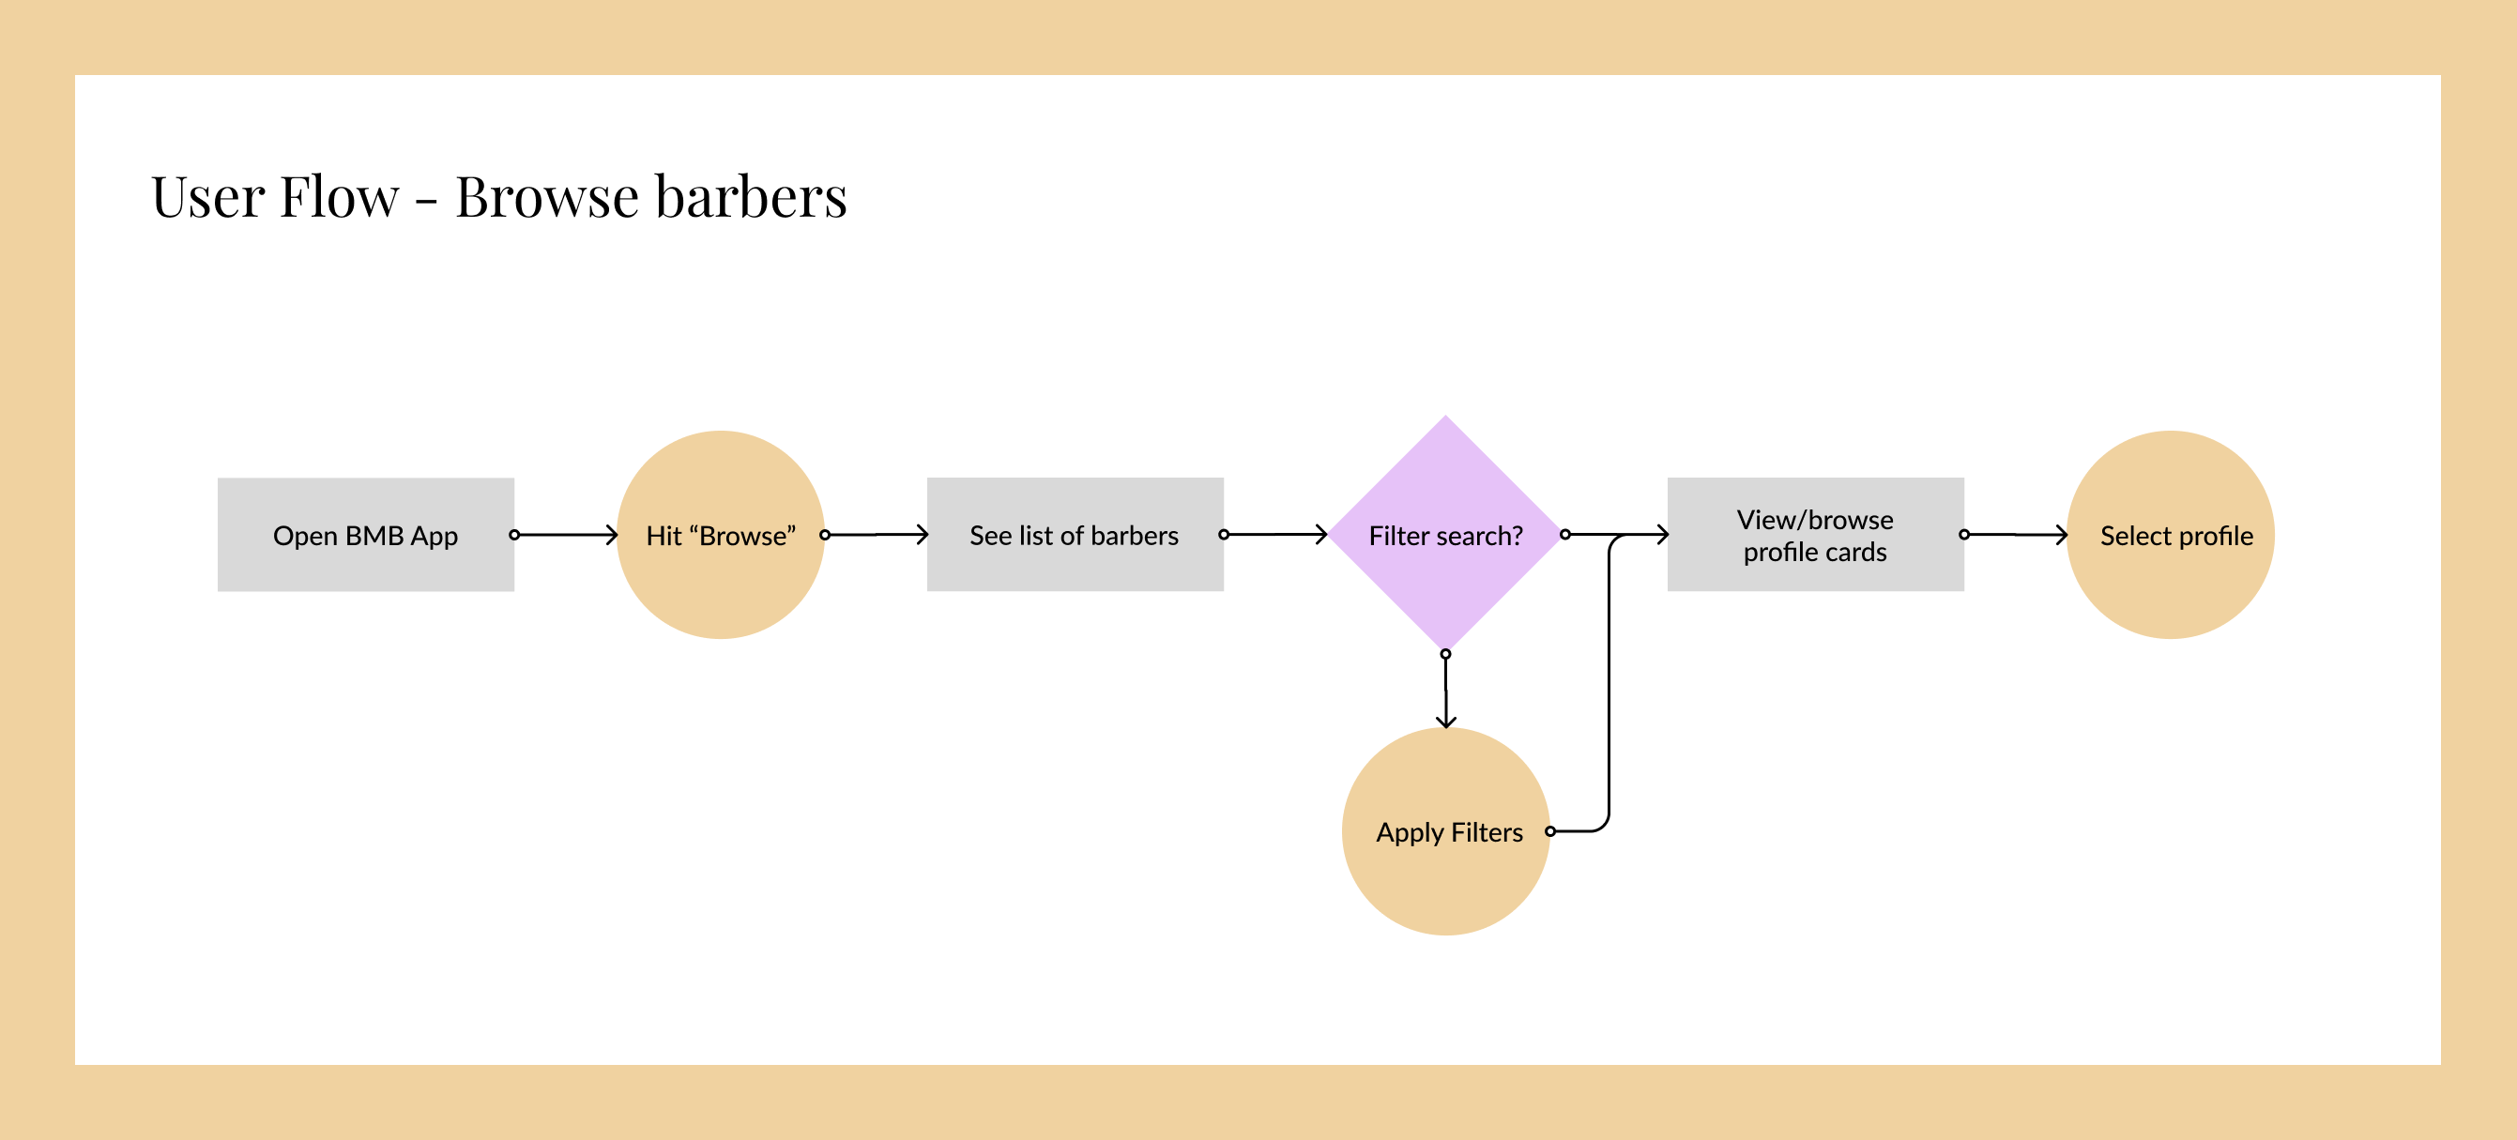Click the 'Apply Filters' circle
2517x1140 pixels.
coord(1445,831)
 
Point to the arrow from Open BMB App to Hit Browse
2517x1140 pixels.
coord(566,534)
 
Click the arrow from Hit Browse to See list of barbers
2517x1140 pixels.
coord(876,534)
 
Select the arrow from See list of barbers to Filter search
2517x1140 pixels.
coord(1275,534)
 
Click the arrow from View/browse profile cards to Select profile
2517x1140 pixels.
coord(2015,534)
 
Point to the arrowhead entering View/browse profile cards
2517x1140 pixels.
coord(1662,534)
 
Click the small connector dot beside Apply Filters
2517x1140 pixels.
coord(1549,831)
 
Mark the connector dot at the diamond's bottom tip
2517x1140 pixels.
coord(1445,654)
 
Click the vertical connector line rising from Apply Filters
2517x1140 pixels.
coord(1609,684)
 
